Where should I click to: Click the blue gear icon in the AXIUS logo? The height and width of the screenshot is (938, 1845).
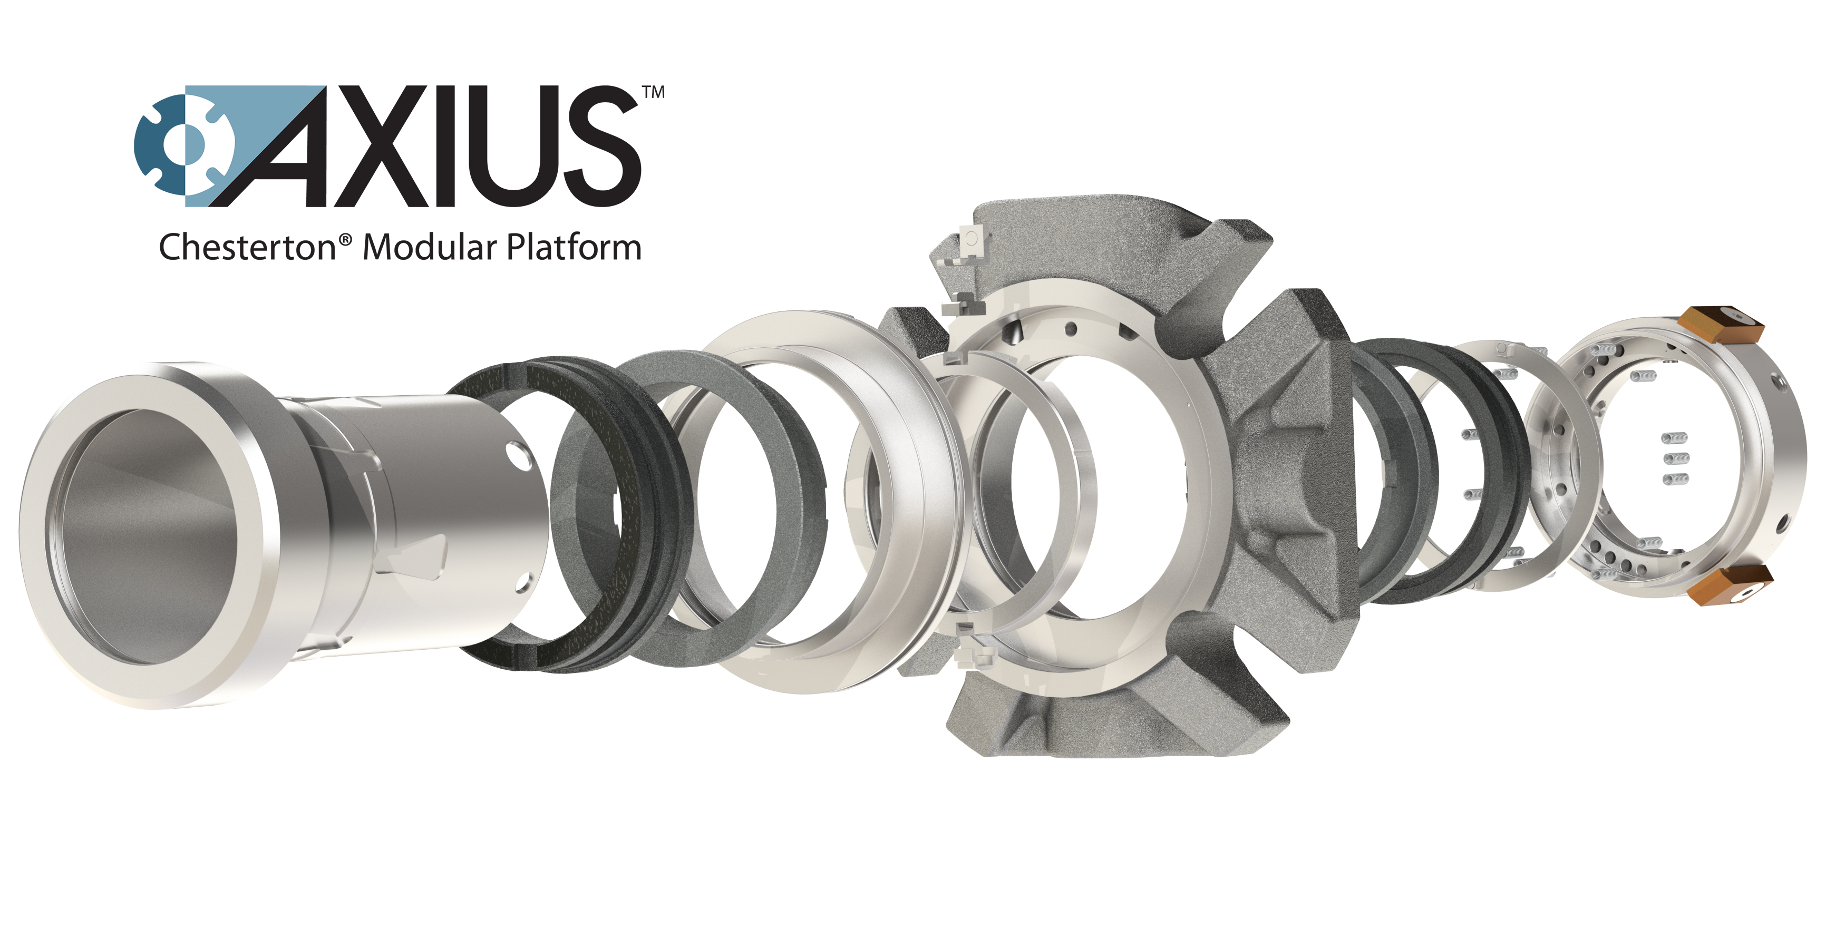coord(182,146)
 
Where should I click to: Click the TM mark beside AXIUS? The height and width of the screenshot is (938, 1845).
coord(653,92)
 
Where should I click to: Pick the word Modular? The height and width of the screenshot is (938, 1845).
coord(430,248)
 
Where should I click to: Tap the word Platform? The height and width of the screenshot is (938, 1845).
coord(574,248)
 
